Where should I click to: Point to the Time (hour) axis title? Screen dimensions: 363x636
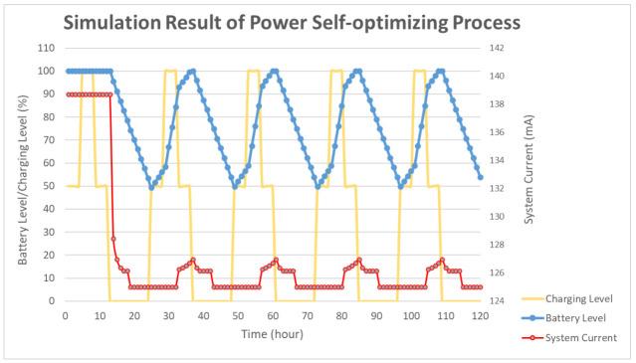(x=271, y=333)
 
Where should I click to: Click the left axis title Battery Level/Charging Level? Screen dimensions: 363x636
(x=22, y=175)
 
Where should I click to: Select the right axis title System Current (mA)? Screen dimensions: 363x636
(x=530, y=174)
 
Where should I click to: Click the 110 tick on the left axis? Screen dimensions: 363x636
(x=45, y=48)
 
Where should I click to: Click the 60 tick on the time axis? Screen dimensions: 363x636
(x=273, y=314)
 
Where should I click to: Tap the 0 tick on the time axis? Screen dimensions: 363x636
(x=65, y=314)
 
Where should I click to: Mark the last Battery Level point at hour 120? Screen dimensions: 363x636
(x=481, y=177)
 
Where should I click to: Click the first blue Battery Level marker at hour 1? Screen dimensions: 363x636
(x=68, y=71)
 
